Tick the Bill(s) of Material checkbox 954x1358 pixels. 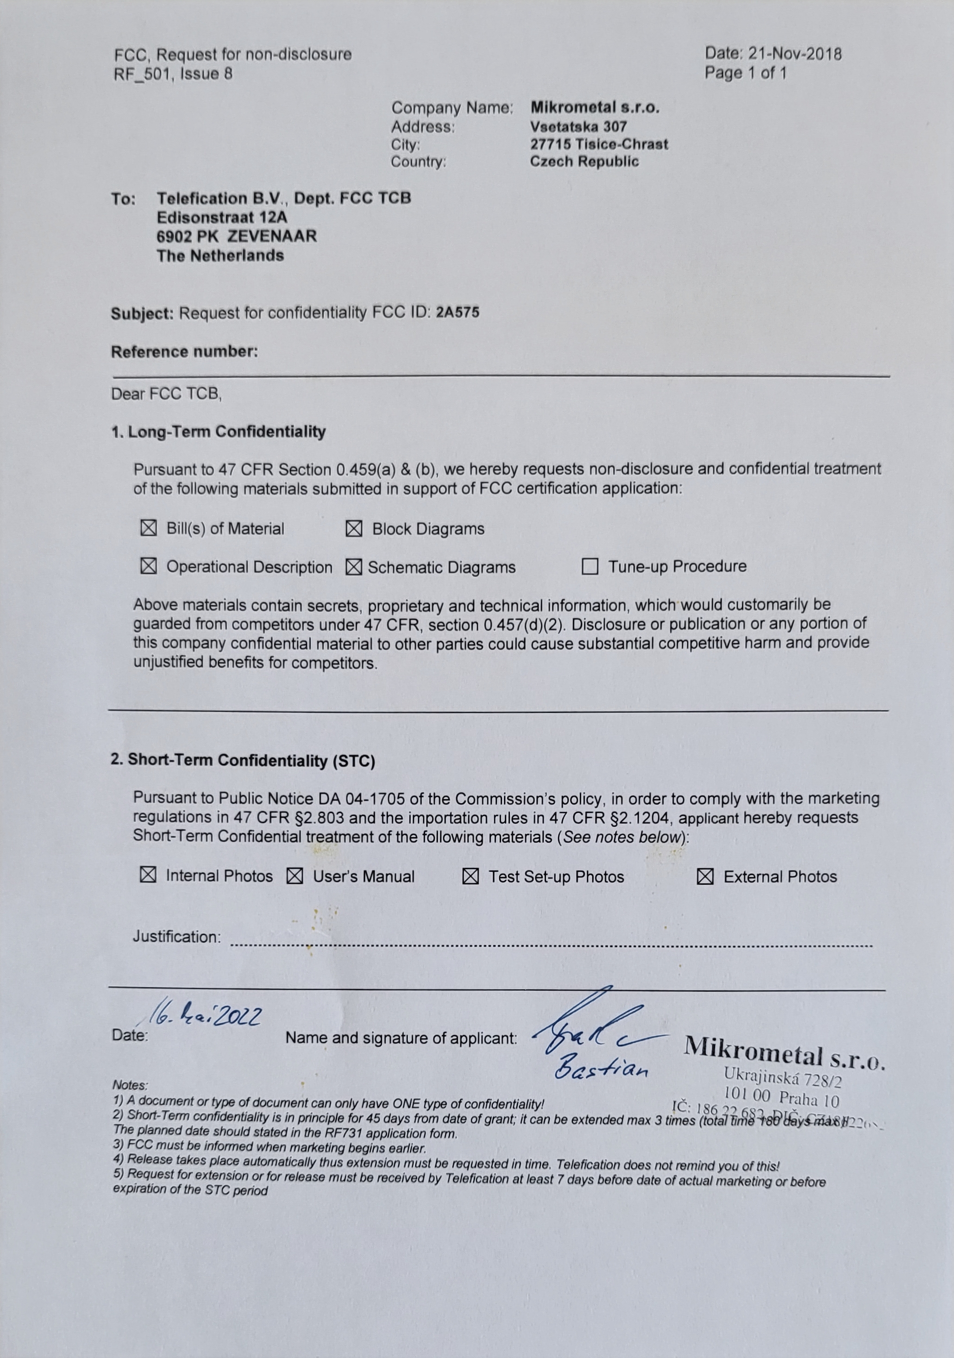(x=149, y=528)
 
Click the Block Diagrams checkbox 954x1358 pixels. (x=354, y=529)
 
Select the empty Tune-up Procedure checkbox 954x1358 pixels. (x=590, y=567)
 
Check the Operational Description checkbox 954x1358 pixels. (x=149, y=566)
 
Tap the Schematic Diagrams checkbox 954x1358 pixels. (x=354, y=567)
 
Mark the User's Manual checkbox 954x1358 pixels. (x=295, y=876)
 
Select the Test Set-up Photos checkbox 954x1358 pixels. (x=470, y=876)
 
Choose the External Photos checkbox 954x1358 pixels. (x=705, y=876)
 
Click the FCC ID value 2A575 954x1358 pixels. (x=457, y=312)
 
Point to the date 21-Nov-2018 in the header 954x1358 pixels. (x=795, y=54)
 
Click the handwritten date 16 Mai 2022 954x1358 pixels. (x=205, y=1015)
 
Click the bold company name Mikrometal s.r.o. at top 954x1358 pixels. (x=595, y=107)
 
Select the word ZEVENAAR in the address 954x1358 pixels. (x=272, y=236)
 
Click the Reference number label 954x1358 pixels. (x=184, y=351)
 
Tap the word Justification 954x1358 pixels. (x=176, y=936)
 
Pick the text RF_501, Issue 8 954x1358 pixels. (x=173, y=74)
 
